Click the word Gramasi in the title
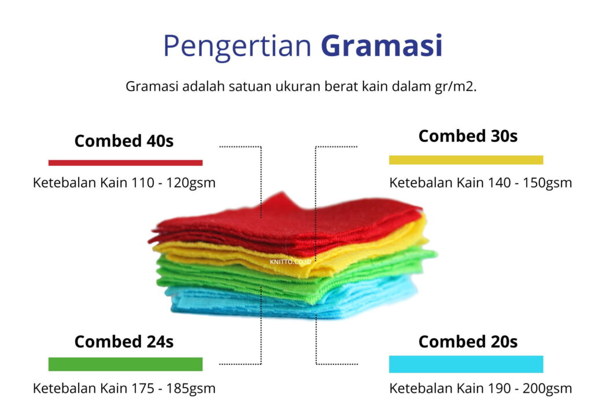[382, 46]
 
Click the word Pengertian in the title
[237, 47]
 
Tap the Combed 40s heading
[124, 141]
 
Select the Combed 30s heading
[468, 136]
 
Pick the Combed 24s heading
[124, 341]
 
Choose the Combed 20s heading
[468, 341]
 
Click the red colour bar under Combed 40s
[125, 163]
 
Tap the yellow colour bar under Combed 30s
[466, 160]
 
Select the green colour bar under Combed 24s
[125, 364]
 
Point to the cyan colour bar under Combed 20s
[466, 364]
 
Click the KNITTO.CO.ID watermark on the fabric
[290, 261]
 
